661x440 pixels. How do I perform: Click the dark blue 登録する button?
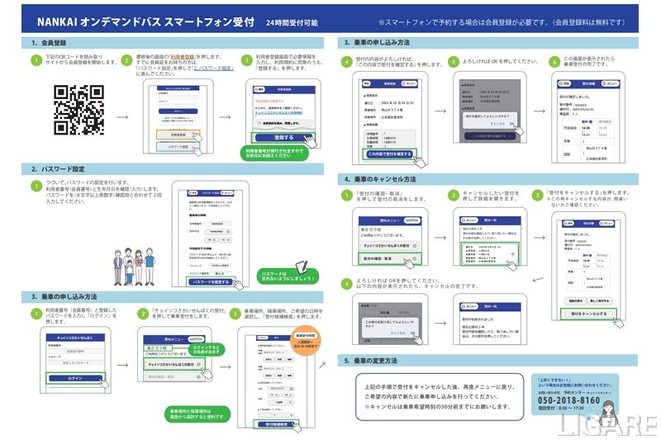coord(283,137)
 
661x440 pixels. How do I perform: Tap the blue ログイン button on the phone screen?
coord(75,378)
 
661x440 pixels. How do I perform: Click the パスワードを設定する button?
coord(209,282)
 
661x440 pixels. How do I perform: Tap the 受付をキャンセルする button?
coord(588,314)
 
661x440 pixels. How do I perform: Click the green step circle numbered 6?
coord(554,62)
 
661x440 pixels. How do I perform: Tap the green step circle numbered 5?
coord(453,62)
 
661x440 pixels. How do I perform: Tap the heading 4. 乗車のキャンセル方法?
coord(381,178)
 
